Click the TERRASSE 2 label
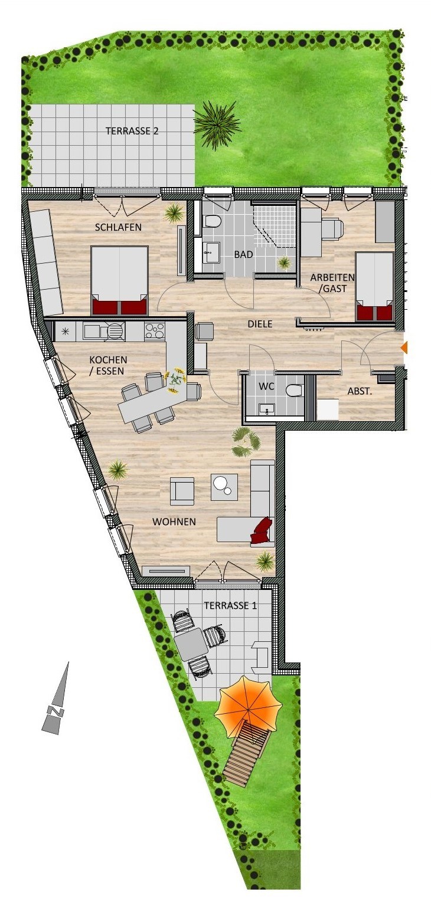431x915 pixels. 132,131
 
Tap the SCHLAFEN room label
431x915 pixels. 118,227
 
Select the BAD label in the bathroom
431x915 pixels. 243,254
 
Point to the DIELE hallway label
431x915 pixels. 260,324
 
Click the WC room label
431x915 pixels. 266,386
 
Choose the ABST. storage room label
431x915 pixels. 360,391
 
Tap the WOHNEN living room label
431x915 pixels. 174,522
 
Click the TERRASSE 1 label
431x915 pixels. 231,605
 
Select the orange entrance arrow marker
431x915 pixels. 403,347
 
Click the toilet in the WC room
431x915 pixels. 295,391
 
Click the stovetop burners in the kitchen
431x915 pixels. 155,331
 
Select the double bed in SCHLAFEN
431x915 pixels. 119,280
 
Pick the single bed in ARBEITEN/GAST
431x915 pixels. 374,286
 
